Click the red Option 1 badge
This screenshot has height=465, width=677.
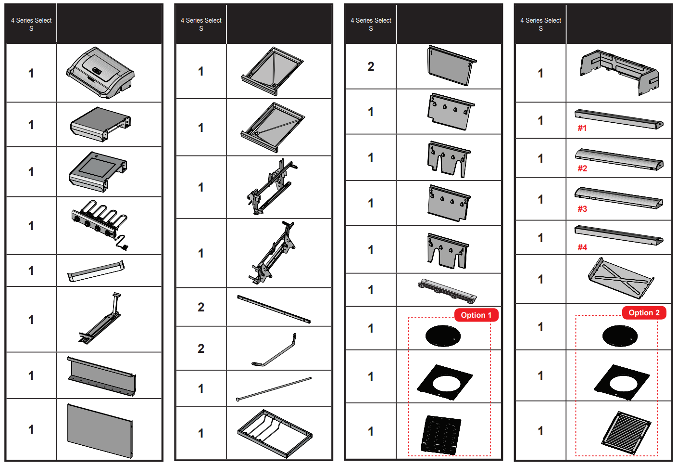click(x=476, y=315)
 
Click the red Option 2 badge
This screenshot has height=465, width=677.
click(x=644, y=312)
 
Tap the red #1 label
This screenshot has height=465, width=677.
click(x=582, y=128)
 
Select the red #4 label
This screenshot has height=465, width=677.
click(x=582, y=247)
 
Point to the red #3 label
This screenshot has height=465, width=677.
click(x=582, y=209)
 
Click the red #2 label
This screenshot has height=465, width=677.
click(x=582, y=168)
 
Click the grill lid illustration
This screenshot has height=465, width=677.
click(x=100, y=73)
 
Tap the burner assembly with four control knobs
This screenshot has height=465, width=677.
click(x=100, y=225)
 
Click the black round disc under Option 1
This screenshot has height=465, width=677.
click(x=443, y=336)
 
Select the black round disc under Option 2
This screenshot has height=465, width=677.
click(x=620, y=336)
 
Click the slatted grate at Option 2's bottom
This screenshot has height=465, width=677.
click(x=626, y=433)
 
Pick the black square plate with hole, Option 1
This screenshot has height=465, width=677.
click(x=445, y=382)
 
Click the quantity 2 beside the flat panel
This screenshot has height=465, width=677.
click(x=371, y=66)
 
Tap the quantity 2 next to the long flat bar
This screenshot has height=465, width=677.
click(x=201, y=308)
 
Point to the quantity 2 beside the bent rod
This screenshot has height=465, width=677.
click(x=201, y=349)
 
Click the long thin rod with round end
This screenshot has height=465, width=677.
click(x=274, y=389)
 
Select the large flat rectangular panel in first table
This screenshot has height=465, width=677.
click(x=100, y=430)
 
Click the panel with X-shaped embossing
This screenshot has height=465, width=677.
click(x=621, y=278)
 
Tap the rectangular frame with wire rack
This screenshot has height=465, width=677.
click(x=275, y=434)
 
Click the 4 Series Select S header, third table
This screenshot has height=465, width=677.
click(x=371, y=24)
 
